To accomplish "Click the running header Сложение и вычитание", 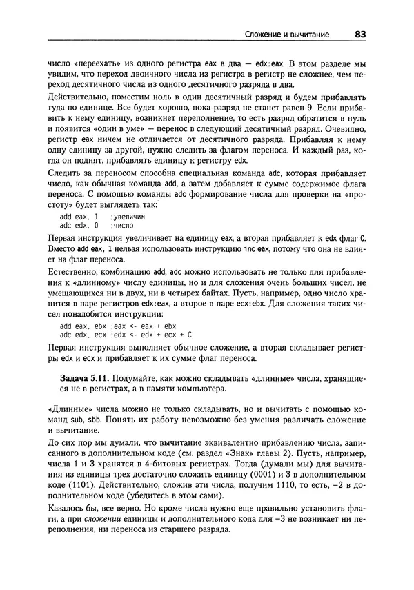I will click(287, 34).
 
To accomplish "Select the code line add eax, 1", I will click(79, 217).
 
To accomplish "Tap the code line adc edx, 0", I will click(79, 226).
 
